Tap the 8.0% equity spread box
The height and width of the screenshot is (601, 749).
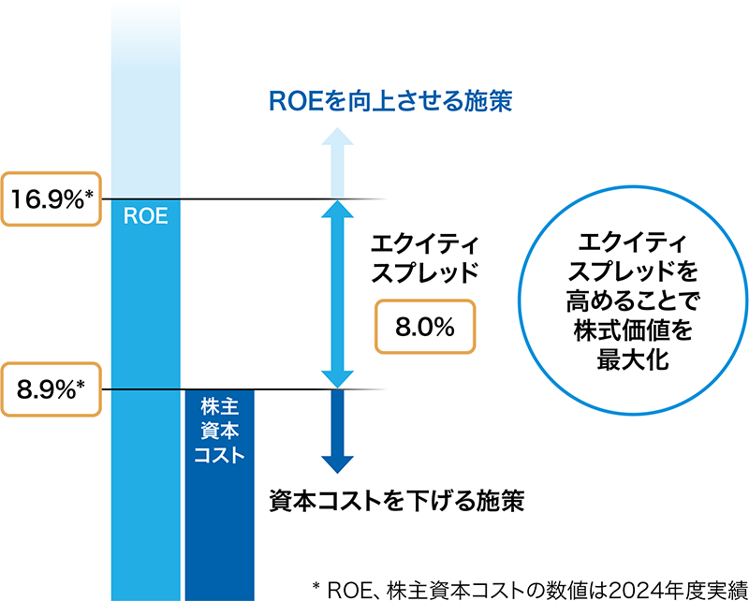424,327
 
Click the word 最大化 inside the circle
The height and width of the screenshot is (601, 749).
633,360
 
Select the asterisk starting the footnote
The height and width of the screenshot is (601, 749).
316,584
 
